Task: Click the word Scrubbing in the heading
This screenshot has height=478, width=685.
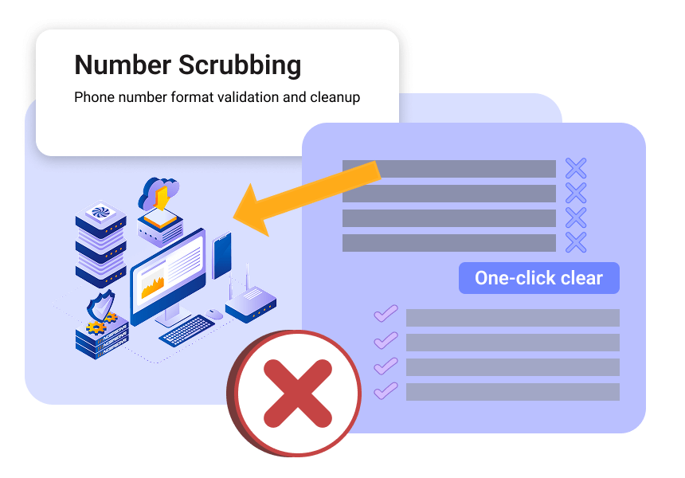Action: (240, 65)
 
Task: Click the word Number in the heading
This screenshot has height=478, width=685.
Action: (123, 65)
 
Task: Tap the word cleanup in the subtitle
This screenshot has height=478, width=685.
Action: (335, 97)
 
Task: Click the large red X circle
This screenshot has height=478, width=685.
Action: (295, 394)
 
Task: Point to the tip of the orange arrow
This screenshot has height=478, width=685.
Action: (233, 217)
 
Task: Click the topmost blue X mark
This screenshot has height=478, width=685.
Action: (576, 168)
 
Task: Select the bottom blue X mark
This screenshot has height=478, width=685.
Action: (576, 242)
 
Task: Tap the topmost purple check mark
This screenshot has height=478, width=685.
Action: (386, 313)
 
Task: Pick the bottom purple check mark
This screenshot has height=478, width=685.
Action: (386, 390)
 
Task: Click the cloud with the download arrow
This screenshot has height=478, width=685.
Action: (159, 193)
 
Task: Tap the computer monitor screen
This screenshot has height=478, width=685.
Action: (168, 272)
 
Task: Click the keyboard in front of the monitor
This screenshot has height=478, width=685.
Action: (187, 331)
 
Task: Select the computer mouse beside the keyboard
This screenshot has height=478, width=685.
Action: (214, 314)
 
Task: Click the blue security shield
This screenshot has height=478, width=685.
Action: (101, 305)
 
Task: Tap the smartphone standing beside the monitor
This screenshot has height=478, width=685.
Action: (221, 255)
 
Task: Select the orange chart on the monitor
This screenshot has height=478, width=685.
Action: (152, 286)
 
